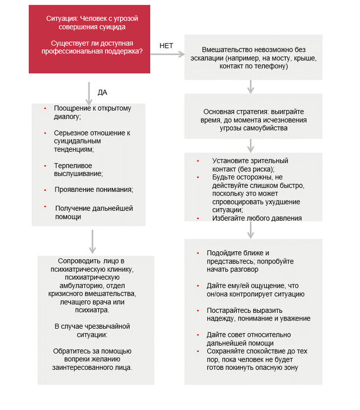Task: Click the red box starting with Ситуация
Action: [89, 39]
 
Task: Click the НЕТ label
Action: [167, 46]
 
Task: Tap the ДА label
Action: [102, 93]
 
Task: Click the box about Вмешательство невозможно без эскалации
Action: [253, 57]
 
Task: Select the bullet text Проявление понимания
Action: [94, 189]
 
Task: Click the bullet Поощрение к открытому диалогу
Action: [93, 112]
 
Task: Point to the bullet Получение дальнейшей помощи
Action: [93, 212]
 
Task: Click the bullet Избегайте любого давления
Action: [246, 218]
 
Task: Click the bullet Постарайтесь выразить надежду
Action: [258, 314]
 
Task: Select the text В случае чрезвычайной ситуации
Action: [92, 330]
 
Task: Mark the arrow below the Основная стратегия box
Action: [250, 146]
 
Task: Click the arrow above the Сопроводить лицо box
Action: [92, 241]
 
